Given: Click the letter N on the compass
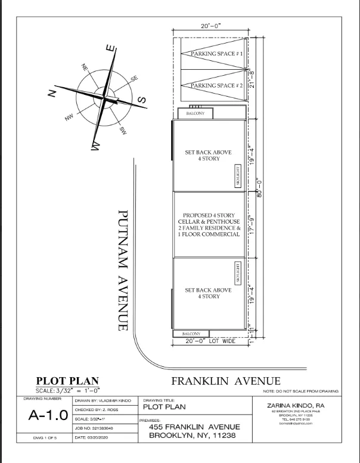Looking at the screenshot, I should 52,94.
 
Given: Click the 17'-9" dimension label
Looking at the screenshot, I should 253,224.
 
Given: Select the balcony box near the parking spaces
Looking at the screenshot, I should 195,113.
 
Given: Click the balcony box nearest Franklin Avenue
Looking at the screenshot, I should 191,334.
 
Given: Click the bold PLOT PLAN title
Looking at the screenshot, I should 68,381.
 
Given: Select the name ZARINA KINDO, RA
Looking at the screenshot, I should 296,406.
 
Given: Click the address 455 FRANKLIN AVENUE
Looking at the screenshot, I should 194,427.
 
